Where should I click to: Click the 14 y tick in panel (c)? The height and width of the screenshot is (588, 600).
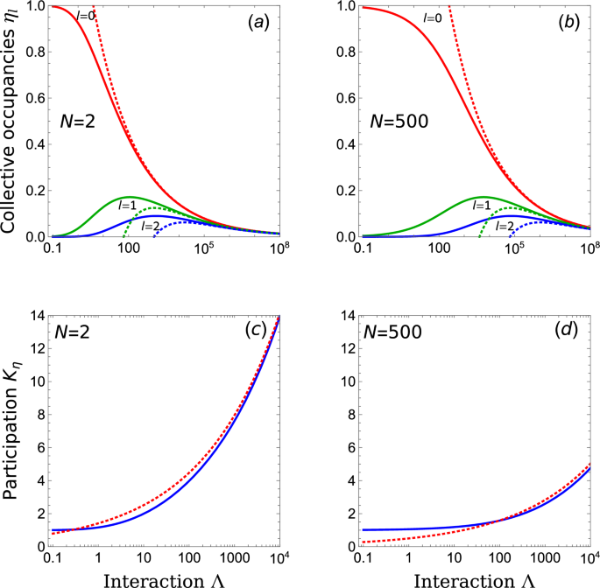pos(35,315)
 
